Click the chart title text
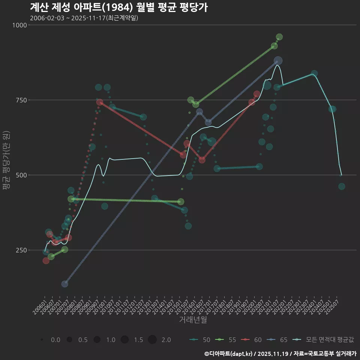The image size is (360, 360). click(118, 7)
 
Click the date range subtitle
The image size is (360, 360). click(84, 18)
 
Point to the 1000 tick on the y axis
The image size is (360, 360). click(20, 25)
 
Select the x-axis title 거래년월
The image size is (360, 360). click(193, 320)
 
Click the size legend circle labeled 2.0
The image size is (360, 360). click(152, 340)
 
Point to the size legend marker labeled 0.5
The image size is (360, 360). click(69, 340)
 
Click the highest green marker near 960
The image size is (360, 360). click(279, 37)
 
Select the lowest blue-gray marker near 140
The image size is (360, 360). click(64, 284)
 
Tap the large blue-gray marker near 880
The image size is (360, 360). click(278, 61)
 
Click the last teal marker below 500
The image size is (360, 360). click(342, 186)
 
